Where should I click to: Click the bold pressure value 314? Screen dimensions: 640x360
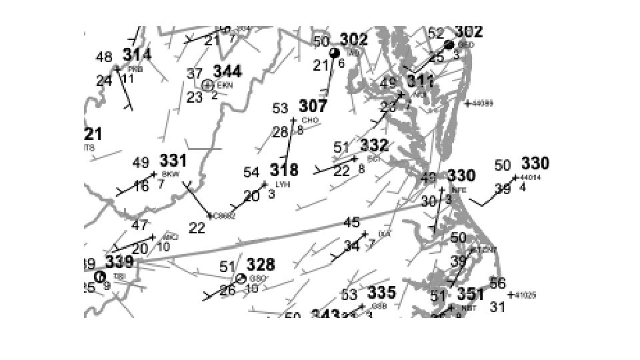137,54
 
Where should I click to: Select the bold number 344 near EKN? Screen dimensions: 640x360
227,71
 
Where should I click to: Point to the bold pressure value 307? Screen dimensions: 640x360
313,106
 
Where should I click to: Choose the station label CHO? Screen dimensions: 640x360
310,120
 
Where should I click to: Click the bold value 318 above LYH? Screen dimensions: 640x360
284,170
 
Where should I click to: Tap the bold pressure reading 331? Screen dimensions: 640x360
173,161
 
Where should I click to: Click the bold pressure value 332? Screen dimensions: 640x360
374,145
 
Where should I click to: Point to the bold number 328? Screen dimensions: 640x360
261,265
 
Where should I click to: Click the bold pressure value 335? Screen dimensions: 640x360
381,292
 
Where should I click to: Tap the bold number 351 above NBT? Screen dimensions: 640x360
471,294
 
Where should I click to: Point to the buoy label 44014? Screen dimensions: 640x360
531,177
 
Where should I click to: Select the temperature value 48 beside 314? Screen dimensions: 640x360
104,57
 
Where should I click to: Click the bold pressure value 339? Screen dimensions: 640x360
119,262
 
